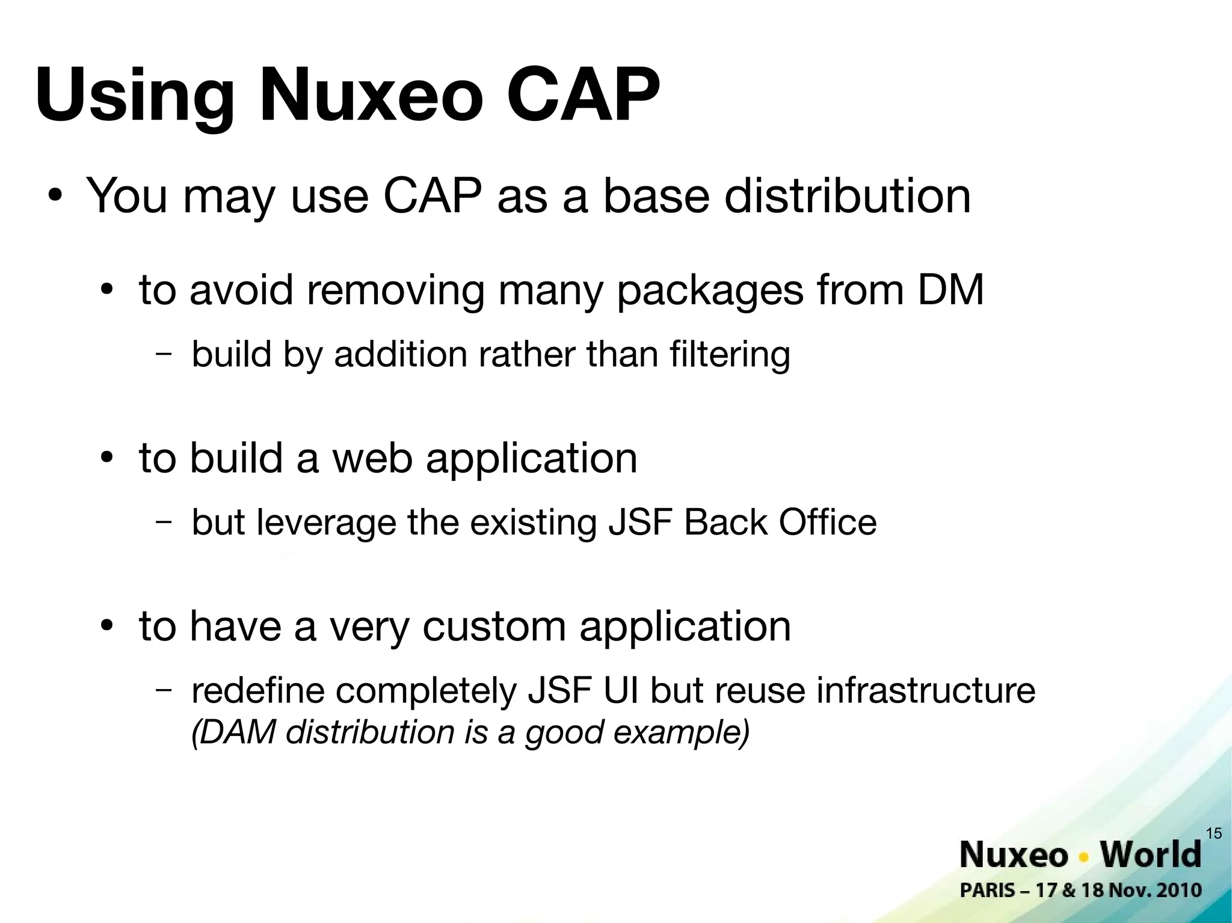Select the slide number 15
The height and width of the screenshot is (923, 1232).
pos(1214,833)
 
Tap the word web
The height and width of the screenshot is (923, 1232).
pos(373,458)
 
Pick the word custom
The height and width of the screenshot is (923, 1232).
pos(494,627)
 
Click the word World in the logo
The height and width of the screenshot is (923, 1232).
pos(1150,854)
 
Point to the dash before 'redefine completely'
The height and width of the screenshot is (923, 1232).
pos(162,689)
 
